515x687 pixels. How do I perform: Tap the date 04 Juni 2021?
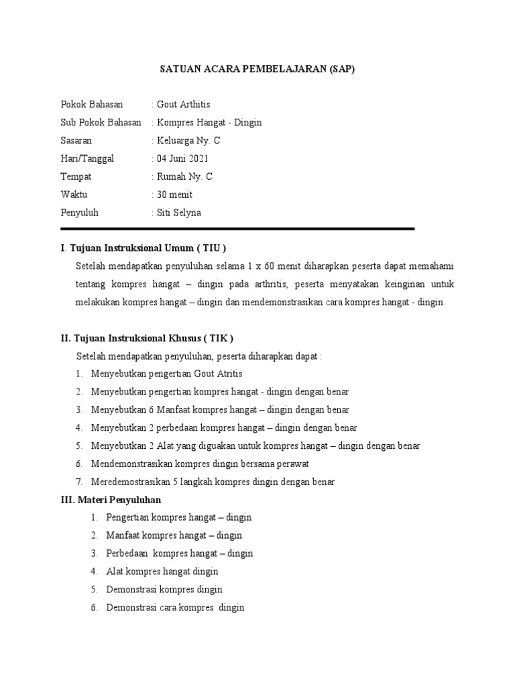[x=182, y=158]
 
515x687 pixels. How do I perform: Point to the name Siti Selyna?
[x=178, y=213]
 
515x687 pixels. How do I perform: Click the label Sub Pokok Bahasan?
[x=101, y=122]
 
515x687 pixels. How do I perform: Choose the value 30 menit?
[x=174, y=195]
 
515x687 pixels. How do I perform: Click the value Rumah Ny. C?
[x=184, y=176]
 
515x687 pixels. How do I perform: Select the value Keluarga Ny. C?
[x=188, y=141]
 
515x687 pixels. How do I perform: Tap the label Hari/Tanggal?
[x=87, y=158]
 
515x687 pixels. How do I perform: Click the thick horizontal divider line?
[x=237, y=229]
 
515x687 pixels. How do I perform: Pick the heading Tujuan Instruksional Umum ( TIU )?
[x=148, y=248]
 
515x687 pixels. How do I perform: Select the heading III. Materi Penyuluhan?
[x=111, y=500]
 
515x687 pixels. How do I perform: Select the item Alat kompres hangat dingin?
[x=162, y=572]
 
